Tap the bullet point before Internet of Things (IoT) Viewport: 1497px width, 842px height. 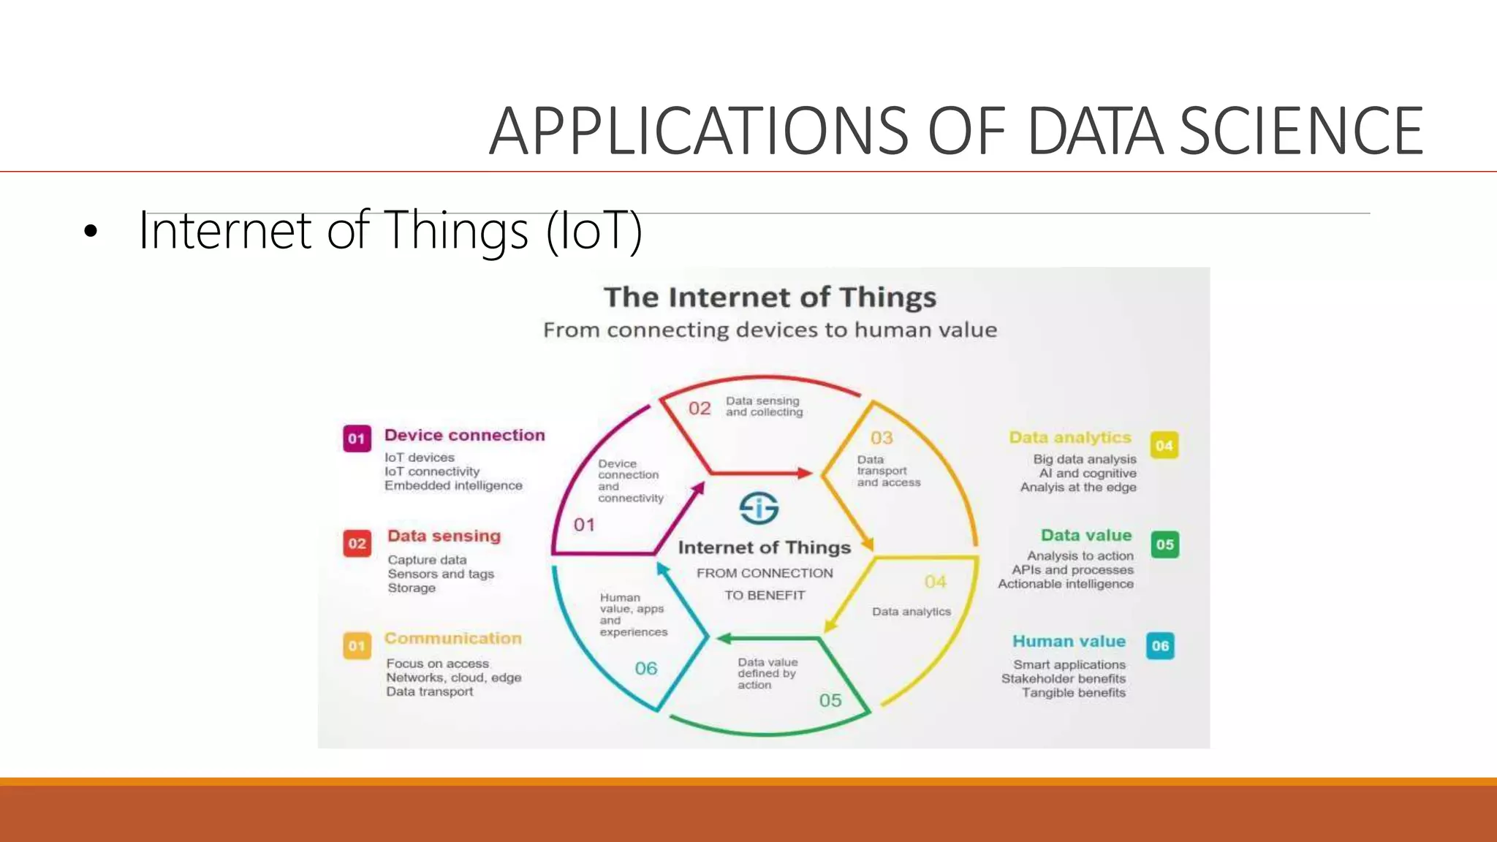(x=90, y=232)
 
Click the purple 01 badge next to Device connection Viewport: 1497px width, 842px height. (x=357, y=439)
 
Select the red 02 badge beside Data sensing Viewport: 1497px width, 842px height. (x=357, y=543)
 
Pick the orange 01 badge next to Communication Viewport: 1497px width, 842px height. (x=357, y=645)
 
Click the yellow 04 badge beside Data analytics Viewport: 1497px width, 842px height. (x=1164, y=445)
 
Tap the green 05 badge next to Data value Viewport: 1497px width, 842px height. (x=1164, y=545)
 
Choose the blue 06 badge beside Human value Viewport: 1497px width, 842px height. (x=1160, y=645)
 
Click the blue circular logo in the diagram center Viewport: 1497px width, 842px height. (x=759, y=507)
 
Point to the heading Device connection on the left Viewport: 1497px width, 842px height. (x=464, y=435)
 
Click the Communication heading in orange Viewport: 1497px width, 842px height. (x=453, y=638)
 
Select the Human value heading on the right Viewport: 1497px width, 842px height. (x=1069, y=641)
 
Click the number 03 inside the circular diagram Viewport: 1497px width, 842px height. (x=882, y=438)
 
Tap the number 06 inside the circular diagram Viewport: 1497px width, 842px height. (x=645, y=668)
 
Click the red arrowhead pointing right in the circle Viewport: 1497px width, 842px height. (x=805, y=473)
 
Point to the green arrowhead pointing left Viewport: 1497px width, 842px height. (x=724, y=638)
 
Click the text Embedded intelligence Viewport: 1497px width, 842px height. (x=453, y=485)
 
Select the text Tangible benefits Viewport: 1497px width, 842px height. (x=1073, y=692)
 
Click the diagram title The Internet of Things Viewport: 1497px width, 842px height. (x=770, y=297)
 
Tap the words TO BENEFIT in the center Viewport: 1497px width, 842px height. (x=765, y=595)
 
